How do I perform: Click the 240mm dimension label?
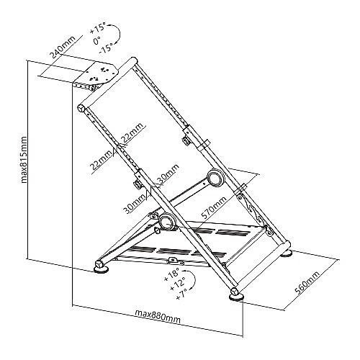[63, 47]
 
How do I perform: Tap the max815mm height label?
[24, 160]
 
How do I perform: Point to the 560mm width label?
[307, 283]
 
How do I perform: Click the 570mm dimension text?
[214, 208]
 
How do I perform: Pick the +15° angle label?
[98, 27]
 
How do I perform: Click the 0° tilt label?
[97, 40]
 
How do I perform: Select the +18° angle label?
[172, 274]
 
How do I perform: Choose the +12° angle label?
[177, 284]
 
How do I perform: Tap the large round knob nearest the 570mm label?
[215, 178]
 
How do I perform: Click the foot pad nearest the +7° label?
[237, 297]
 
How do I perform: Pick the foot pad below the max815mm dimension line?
[102, 270]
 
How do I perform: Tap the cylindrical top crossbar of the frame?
[107, 84]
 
